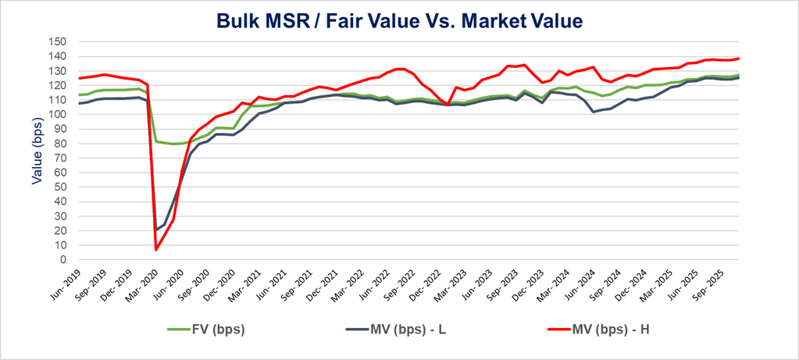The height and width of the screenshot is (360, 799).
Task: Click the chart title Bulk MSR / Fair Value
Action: coord(399,21)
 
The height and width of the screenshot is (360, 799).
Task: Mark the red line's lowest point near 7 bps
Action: coord(156,250)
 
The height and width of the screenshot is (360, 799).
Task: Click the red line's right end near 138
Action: coord(739,59)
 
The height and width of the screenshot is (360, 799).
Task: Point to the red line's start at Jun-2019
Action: coord(79,78)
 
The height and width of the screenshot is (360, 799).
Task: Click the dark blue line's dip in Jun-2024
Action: coord(594,112)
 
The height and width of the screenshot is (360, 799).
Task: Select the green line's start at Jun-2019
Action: coord(79,94)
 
